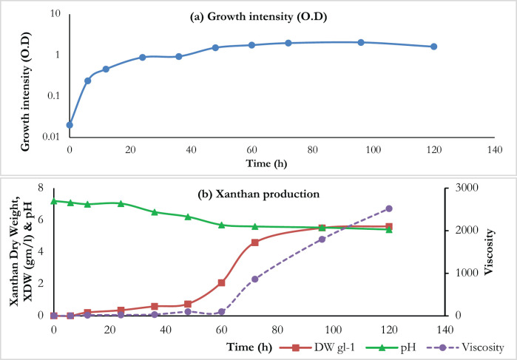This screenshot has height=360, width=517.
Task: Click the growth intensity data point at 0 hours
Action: (x=70, y=125)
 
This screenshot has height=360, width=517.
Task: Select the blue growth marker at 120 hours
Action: (x=434, y=47)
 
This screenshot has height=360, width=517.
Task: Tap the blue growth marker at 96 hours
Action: (x=361, y=42)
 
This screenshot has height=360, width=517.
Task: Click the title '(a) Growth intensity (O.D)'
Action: (x=259, y=17)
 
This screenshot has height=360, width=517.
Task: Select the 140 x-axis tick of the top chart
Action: (x=495, y=150)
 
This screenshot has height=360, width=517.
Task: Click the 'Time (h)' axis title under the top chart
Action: (x=266, y=163)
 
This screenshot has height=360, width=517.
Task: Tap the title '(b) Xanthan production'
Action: (x=259, y=194)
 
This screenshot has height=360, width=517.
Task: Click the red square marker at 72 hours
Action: (x=255, y=242)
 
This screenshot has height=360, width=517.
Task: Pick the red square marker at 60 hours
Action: (x=222, y=283)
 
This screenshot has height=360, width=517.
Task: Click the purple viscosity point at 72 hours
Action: (x=255, y=279)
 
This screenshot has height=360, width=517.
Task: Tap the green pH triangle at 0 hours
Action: (x=54, y=201)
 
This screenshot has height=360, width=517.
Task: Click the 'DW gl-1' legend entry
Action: (x=317, y=347)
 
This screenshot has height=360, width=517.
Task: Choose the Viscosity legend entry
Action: (x=465, y=347)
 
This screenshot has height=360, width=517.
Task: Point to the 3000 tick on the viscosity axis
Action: (x=463, y=188)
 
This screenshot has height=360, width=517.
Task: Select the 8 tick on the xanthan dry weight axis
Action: (x=41, y=188)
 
